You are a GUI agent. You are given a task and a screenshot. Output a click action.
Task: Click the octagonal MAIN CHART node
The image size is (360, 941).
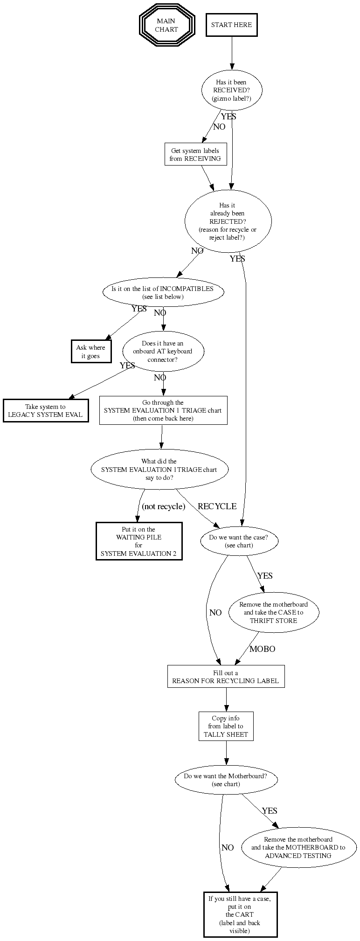166,25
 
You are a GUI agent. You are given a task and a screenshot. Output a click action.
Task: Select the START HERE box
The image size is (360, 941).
231,25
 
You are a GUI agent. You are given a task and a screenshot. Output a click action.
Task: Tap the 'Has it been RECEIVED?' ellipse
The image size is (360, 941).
231,90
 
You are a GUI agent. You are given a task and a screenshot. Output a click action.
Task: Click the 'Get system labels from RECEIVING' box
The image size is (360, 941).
195,154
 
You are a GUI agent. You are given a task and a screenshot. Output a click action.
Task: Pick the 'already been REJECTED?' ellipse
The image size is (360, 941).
228,221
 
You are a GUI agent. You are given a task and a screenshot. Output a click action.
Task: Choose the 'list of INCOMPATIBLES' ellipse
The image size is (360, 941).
163,292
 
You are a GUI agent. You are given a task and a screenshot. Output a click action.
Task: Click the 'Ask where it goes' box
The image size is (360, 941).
90,352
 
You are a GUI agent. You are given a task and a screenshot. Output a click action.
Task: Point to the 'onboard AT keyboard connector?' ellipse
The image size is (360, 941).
163,352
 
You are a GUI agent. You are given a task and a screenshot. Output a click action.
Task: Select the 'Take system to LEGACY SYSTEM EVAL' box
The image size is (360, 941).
45,410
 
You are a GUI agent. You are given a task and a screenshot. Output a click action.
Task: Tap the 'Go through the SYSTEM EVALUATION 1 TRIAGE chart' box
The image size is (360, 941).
163,410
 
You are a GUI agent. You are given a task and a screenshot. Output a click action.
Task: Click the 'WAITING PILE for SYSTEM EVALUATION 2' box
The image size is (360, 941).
138,541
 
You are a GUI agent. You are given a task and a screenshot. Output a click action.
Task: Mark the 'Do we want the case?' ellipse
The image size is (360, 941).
239,541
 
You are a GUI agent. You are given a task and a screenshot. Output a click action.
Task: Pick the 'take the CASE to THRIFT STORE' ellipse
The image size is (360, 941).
273,612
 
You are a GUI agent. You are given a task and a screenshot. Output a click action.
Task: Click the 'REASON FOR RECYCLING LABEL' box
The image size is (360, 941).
226,677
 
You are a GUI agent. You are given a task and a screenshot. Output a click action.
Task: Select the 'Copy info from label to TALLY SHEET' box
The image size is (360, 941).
226,726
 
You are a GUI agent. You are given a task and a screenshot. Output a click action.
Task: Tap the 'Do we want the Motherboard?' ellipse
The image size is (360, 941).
226,780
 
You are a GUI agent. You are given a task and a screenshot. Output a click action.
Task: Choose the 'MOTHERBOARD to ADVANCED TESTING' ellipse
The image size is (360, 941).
298,848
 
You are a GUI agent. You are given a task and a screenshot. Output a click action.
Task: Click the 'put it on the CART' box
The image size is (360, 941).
240,914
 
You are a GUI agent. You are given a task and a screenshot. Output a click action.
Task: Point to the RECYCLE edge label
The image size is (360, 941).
217,506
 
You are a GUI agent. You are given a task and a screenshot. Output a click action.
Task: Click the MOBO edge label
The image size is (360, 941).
262,649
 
